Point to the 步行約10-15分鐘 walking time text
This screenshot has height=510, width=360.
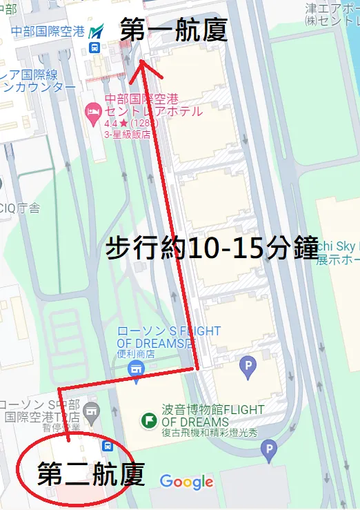point(211,248)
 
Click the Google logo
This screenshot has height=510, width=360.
point(186,482)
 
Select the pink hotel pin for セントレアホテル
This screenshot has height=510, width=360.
point(92,111)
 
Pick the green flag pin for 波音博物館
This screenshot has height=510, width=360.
point(148,420)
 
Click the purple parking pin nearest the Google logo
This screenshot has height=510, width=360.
point(269,451)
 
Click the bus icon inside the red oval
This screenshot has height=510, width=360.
point(108,446)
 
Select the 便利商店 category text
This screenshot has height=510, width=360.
point(136,354)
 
